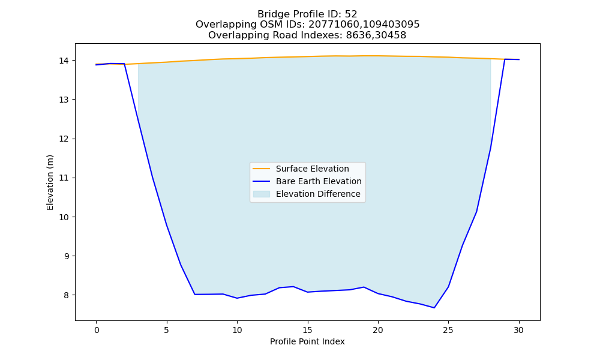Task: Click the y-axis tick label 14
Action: click(64, 61)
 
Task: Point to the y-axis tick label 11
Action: click(64, 178)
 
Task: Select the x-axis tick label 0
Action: click(97, 330)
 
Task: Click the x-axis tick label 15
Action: click(308, 330)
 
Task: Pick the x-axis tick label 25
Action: click(448, 330)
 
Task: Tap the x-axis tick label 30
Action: click(518, 330)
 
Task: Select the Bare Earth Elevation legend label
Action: click(319, 181)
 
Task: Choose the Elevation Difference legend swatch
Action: click(262, 194)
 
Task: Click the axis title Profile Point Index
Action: click(307, 341)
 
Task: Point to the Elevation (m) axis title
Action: click(50, 182)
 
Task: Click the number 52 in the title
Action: click(351, 14)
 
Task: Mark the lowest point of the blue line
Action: click(434, 308)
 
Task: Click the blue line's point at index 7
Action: click(195, 294)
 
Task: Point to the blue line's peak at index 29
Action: click(505, 59)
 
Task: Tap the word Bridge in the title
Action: click(271, 14)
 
